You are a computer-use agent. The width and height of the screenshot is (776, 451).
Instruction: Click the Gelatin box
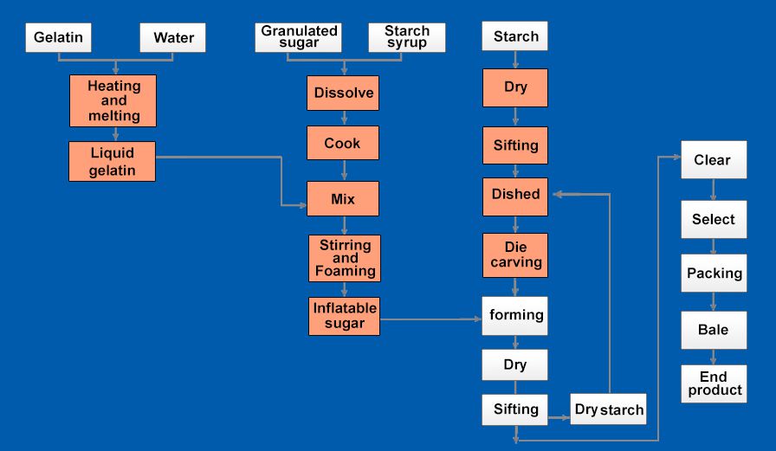point(58,37)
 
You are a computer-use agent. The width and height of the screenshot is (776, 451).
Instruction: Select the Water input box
point(172,37)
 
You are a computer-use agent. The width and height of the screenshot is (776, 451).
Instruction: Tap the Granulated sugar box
point(299,37)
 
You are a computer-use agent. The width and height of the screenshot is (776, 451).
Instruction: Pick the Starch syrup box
point(407,37)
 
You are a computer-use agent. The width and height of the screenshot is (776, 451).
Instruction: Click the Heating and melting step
point(113,101)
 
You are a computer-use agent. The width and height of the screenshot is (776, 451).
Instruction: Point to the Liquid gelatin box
point(113,162)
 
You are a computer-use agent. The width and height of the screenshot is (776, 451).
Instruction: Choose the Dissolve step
point(343,93)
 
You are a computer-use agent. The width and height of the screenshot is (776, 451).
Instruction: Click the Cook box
point(343,143)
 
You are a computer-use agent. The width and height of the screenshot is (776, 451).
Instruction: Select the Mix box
point(343,199)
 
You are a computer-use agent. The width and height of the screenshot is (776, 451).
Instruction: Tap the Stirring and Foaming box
point(345,258)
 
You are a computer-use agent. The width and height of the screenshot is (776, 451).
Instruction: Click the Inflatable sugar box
point(345,317)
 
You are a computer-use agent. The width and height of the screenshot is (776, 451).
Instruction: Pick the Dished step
point(515,197)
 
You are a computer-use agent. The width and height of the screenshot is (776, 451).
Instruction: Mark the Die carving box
point(515,255)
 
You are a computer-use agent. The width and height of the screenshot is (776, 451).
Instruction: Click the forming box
point(515,316)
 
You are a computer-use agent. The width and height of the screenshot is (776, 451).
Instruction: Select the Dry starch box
point(608,409)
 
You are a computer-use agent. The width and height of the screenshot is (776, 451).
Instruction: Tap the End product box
point(715,383)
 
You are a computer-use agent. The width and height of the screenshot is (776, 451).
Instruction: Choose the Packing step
point(715,273)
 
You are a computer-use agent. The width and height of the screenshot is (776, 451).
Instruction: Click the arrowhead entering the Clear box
point(676,158)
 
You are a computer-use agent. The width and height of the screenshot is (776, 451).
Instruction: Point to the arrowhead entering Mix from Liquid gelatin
point(302,205)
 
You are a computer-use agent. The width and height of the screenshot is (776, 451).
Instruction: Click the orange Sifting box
point(515,145)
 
